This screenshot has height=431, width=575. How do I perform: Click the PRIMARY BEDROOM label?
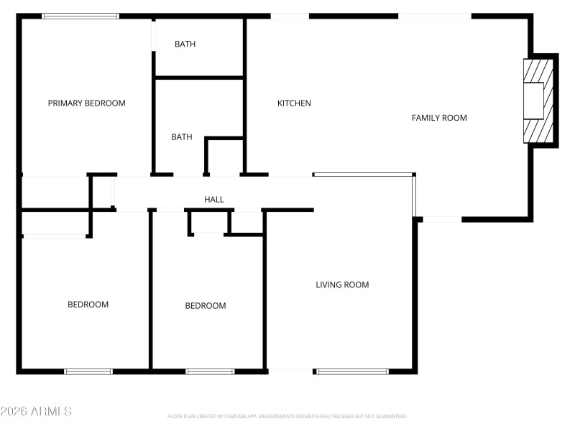coord(86,103)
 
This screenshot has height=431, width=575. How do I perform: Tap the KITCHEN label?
coord(294,103)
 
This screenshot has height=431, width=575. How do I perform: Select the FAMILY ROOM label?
coord(439,118)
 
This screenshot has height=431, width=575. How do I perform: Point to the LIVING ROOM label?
coord(342,284)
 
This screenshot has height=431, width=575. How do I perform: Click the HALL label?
coord(214,200)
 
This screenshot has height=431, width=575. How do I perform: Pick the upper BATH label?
coord(185,45)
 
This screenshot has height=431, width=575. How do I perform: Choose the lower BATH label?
coord(181,137)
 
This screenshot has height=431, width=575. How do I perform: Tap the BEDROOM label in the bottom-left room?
coord(88,305)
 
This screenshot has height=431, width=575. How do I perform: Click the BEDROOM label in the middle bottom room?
coord(206,306)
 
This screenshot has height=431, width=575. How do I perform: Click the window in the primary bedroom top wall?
coord(80,16)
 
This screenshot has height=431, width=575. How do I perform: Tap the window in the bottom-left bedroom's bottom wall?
coord(88,371)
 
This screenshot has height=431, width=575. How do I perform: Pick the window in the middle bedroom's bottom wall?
coord(210,371)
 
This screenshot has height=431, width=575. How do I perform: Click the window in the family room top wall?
coord(435,16)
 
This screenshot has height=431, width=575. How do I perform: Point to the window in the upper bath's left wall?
coord(153,37)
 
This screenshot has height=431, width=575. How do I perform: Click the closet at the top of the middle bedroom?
coord(209,222)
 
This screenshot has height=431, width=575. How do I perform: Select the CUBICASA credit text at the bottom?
coord(287,416)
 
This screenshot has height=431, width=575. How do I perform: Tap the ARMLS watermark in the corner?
coord(36,412)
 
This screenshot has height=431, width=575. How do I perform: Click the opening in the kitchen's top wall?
coord(290,16)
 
